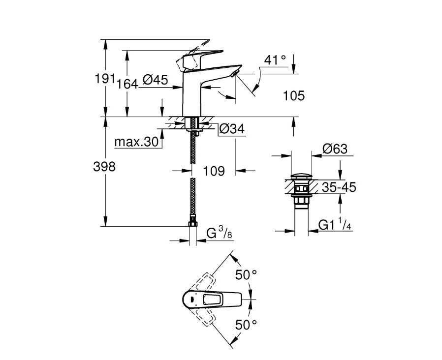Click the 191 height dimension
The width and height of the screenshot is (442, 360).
(x=104, y=79)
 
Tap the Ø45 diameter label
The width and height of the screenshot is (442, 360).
(x=155, y=79)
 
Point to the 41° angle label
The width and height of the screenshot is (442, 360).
(x=275, y=60)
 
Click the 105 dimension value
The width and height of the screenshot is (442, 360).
(x=294, y=96)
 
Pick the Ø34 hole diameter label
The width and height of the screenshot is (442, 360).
(x=231, y=129)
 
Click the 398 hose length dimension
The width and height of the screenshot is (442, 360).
(x=104, y=167)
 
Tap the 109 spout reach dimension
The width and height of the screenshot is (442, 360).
(x=214, y=171)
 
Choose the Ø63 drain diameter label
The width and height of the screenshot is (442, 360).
(x=335, y=149)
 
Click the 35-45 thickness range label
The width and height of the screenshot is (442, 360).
(x=339, y=187)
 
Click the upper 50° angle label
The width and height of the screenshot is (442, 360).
(x=246, y=275)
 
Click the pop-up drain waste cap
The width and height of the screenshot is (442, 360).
(x=300, y=176)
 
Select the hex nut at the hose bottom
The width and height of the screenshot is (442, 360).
(x=193, y=224)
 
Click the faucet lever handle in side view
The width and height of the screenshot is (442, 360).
(x=199, y=57)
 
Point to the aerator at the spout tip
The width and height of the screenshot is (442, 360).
(x=235, y=74)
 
